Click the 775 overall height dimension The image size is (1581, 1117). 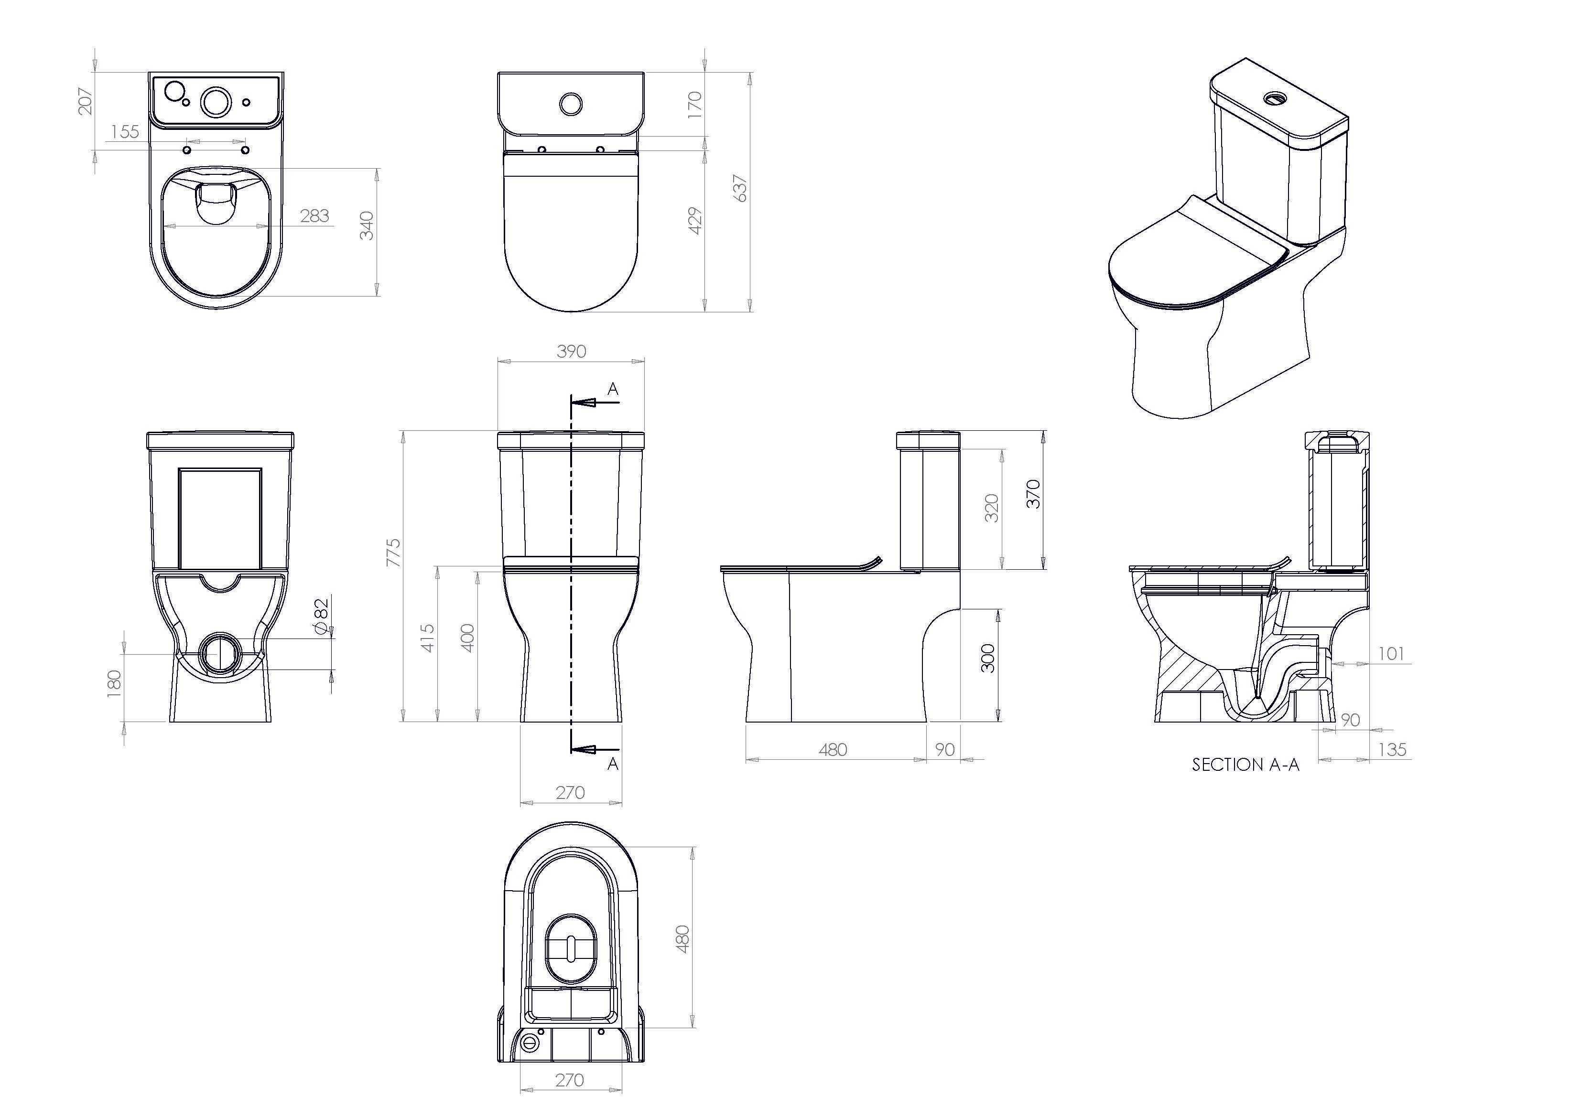(x=392, y=553)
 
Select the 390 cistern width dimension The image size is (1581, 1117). (x=571, y=351)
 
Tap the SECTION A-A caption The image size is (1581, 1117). (x=1245, y=765)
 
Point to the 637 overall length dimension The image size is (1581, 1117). (x=741, y=188)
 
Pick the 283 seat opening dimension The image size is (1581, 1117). (x=314, y=216)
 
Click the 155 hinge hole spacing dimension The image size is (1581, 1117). (x=125, y=131)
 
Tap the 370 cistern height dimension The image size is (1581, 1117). (x=1033, y=494)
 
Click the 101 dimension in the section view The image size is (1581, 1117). (x=1391, y=653)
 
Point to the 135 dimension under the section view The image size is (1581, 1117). (x=1392, y=749)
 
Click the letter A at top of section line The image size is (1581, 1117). (x=613, y=390)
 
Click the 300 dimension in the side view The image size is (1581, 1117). (x=987, y=658)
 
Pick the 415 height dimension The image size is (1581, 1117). (x=428, y=638)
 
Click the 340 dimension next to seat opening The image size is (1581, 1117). (x=367, y=226)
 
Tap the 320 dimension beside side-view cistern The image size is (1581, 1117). (x=992, y=508)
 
